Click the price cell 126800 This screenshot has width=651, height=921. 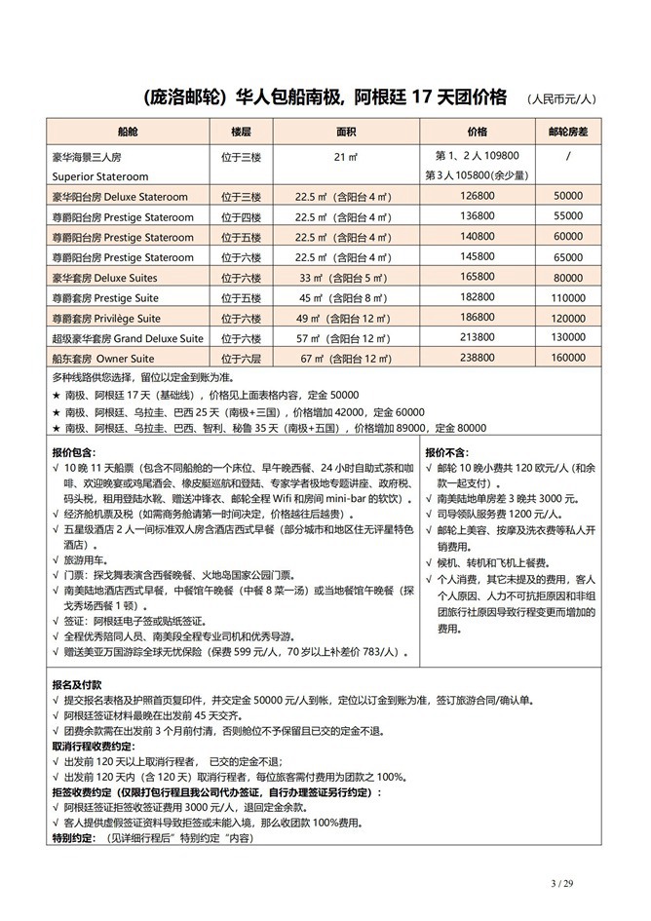[x=478, y=196]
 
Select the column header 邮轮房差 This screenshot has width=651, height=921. [x=567, y=131]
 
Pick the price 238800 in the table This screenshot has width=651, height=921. [x=478, y=359]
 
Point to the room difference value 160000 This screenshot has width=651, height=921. [x=567, y=359]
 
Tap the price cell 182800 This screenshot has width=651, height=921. [x=478, y=297]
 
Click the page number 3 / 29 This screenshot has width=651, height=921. [x=562, y=884]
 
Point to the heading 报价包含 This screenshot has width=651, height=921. [x=73, y=452]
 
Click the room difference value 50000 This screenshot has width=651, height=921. [x=567, y=196]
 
